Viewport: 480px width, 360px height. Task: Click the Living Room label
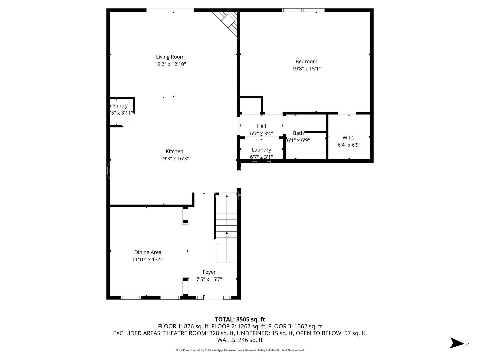point(170,57)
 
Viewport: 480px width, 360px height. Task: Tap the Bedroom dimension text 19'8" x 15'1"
point(306,69)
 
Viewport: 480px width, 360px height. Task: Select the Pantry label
point(120,106)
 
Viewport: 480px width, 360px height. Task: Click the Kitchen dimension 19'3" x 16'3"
point(174,159)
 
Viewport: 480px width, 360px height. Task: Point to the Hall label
point(261,126)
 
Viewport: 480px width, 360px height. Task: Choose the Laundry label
point(261,150)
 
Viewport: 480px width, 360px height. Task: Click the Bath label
point(298,133)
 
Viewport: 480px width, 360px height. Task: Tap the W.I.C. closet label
point(349,137)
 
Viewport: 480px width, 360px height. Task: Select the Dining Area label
point(148,252)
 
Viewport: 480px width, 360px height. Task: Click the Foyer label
point(209,272)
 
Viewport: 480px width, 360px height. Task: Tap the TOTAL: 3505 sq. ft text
point(240,320)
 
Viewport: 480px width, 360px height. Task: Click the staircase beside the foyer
point(226,230)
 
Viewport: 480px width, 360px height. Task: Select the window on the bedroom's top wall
point(303,10)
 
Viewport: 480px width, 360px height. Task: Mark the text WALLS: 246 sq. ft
point(240,340)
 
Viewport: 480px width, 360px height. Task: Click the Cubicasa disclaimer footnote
point(240,350)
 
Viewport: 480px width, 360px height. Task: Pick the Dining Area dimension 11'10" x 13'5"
point(148,259)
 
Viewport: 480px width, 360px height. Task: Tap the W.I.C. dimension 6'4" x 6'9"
point(349,145)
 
